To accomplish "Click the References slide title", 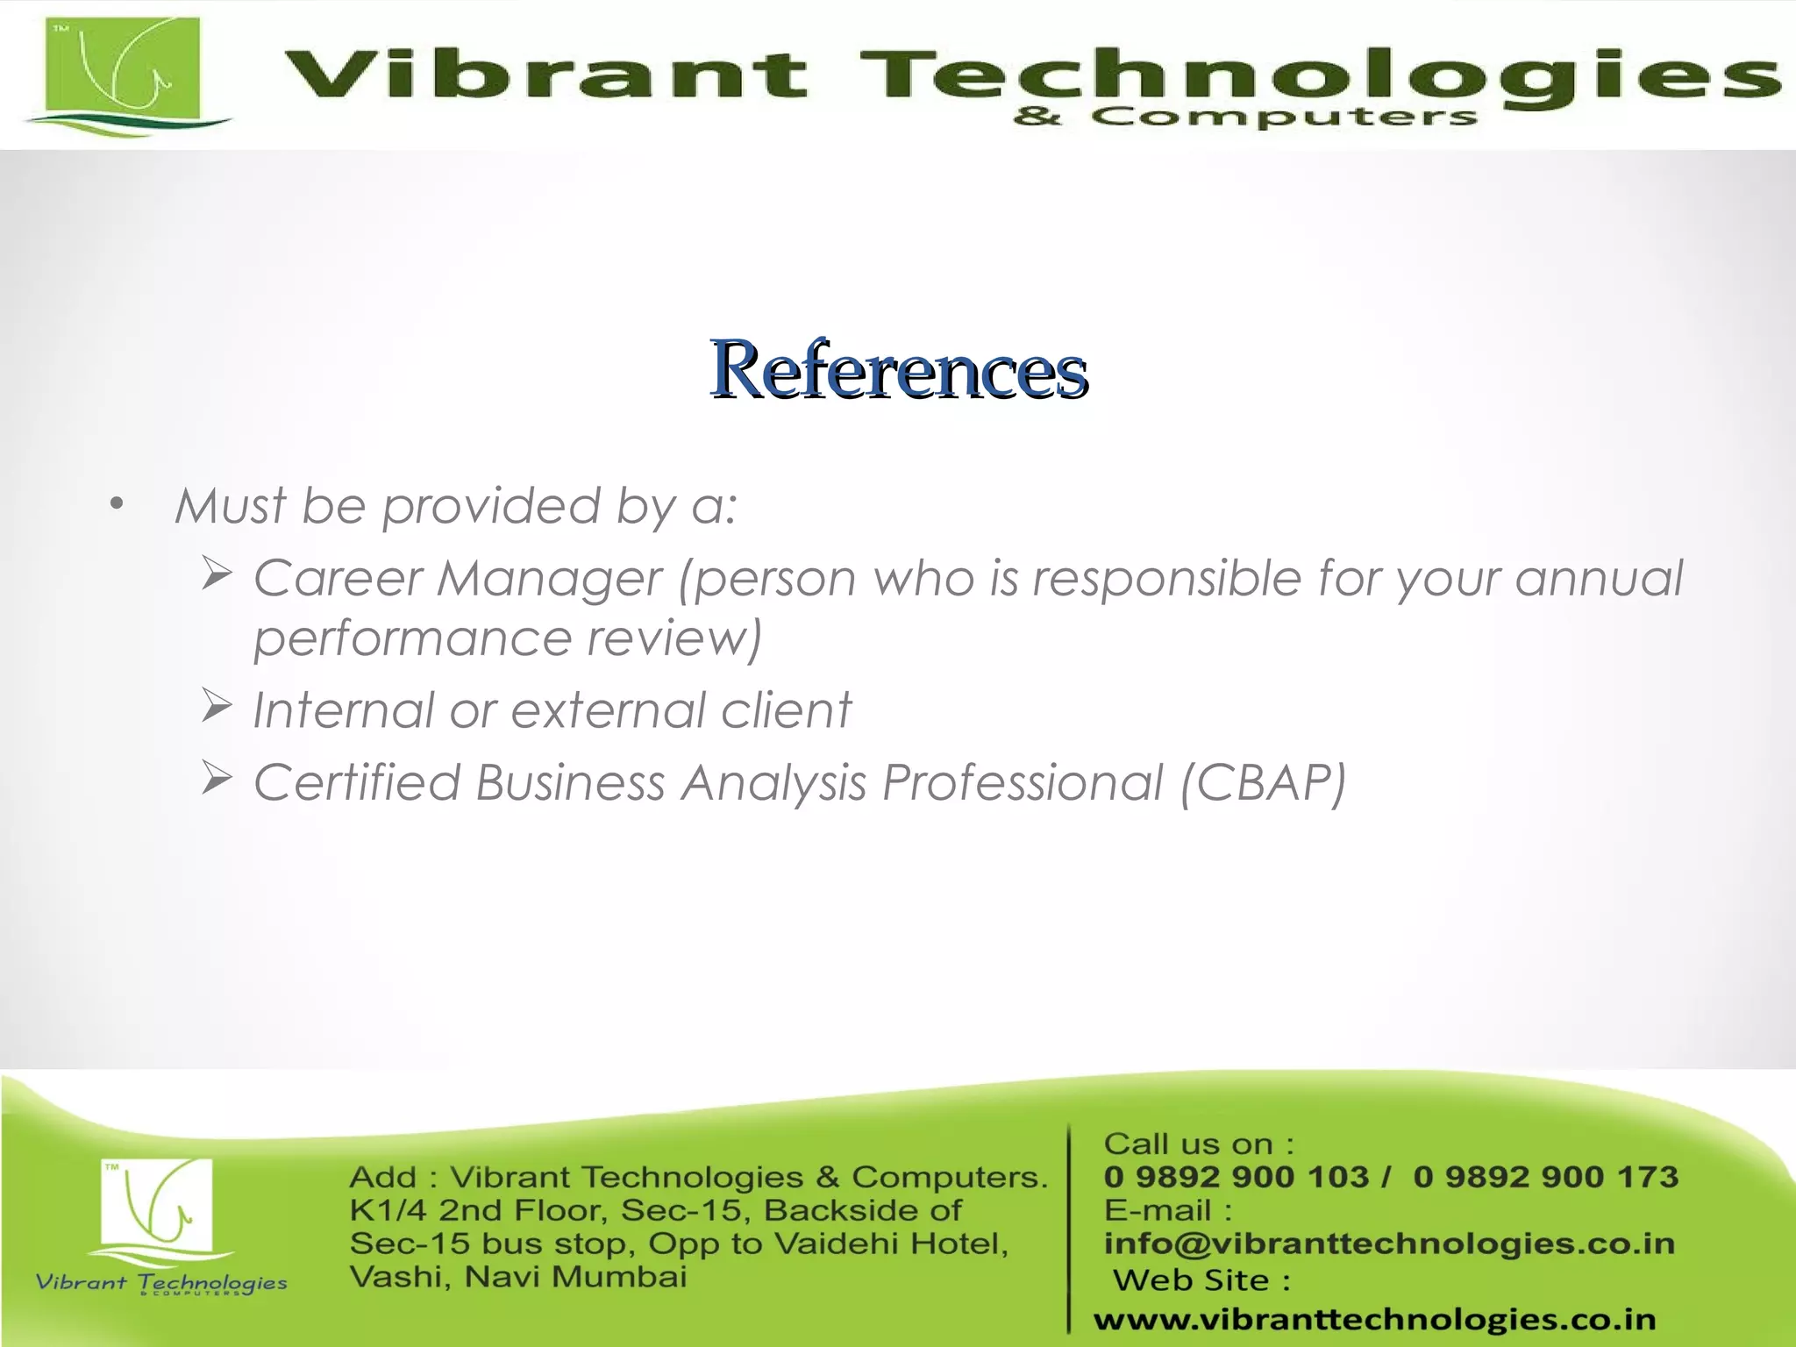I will [898, 370].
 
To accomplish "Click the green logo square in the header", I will [123, 72].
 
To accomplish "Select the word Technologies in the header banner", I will [1315, 74].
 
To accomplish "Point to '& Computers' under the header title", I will [1245, 117].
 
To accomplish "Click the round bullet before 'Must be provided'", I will [117, 504].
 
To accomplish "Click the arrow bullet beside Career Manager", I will [216, 574].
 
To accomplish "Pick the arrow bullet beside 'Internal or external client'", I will [216, 706].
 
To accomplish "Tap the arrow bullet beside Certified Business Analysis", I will [216, 778].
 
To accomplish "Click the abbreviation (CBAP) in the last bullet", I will [1263, 782].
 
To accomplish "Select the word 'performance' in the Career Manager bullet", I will [412, 638].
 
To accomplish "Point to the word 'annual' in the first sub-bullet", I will [1598, 579].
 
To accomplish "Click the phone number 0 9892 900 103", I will [1236, 1177].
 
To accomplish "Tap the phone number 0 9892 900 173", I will [1545, 1177].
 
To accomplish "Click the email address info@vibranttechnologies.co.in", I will [1389, 1244].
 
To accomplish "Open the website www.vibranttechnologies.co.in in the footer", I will [1374, 1319].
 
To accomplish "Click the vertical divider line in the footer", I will [1070, 1228].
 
